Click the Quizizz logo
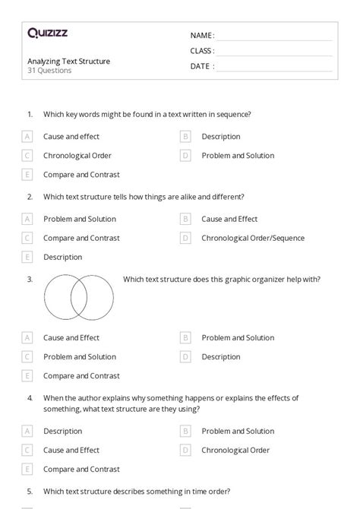[47, 33]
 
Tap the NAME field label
[202, 35]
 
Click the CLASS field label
[202, 51]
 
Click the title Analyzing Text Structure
[68, 61]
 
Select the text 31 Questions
[49, 71]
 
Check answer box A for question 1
[27, 137]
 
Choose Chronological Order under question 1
[77, 156]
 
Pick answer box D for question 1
[185, 156]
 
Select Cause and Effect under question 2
[229, 219]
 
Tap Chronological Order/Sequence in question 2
[253, 238]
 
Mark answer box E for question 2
[27, 257]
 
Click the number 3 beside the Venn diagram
[30, 280]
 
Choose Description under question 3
[221, 356]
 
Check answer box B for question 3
[185, 337]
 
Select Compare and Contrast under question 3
[81, 375]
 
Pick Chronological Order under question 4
[235, 450]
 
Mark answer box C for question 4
[27, 450]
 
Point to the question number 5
[30, 490]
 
